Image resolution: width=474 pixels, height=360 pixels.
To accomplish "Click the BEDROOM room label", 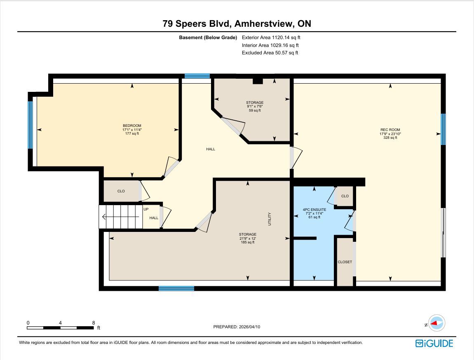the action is [132, 126].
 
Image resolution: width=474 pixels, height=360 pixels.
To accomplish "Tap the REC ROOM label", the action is [390, 130].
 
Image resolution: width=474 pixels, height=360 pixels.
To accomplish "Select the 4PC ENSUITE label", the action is [314, 210].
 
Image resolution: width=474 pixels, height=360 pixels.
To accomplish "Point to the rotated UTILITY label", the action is [270, 219].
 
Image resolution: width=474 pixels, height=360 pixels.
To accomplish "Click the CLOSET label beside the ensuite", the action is [345, 262].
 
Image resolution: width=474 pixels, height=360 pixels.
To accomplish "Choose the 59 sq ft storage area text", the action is [255, 110].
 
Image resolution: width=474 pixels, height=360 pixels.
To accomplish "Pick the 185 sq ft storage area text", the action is [248, 242].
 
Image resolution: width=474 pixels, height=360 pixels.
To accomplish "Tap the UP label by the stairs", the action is [146, 209].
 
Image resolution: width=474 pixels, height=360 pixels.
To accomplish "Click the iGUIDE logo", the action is [434, 344].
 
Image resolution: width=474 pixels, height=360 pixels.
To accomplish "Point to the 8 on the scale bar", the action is [94, 323].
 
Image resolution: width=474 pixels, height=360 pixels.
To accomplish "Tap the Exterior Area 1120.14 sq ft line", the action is [271, 37].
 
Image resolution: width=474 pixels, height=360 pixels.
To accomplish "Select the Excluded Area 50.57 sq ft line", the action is [270, 53].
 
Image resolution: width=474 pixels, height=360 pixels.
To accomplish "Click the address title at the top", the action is [237, 23].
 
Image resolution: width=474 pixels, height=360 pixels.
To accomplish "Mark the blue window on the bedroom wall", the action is [30, 125].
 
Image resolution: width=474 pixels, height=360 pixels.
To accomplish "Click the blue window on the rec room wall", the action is [443, 129].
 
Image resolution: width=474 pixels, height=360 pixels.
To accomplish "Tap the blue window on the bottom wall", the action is [176, 288].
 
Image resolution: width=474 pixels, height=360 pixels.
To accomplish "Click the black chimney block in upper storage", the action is [258, 81].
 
